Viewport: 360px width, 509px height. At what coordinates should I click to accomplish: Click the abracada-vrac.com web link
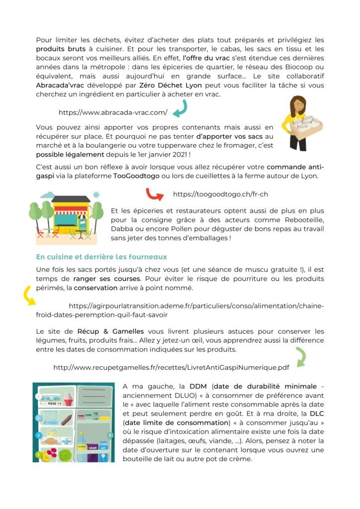tap(113, 112)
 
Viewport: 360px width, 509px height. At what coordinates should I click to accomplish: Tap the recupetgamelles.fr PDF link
tap(171, 367)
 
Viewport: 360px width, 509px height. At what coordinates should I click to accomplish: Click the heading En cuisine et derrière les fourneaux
tap(101, 257)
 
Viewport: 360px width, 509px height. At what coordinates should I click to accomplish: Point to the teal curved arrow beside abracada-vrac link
tap(179, 108)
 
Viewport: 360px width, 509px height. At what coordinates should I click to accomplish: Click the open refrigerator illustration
tap(73, 422)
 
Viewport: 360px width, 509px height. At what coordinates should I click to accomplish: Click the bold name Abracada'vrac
tap(59, 85)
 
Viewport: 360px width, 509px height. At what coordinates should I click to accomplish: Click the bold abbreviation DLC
tap(316, 413)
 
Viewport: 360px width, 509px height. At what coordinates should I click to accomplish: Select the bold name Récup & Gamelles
tap(110, 331)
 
